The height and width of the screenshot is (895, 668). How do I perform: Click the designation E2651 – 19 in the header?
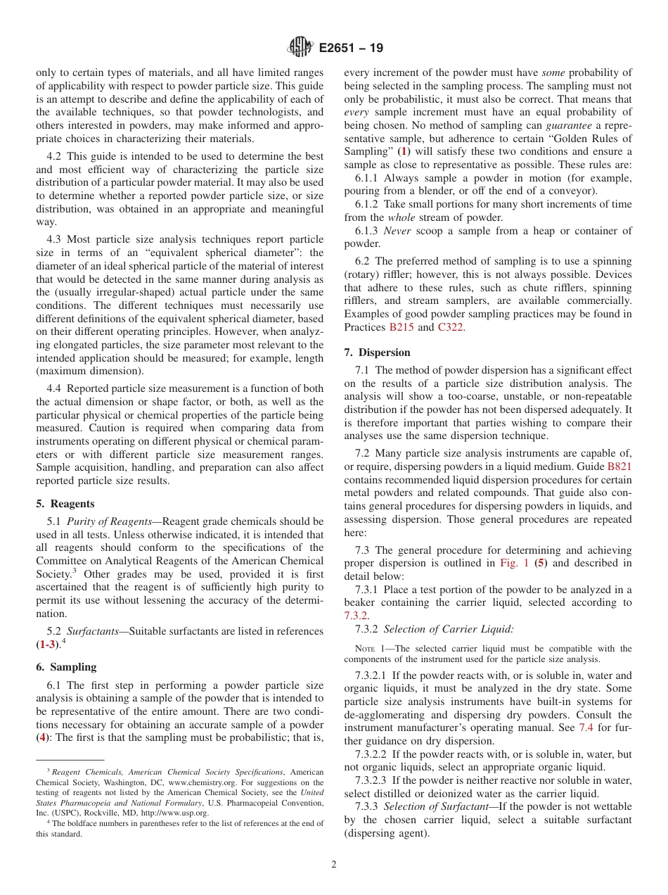tap(351, 49)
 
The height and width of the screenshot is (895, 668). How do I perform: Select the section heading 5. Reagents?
tap(65, 504)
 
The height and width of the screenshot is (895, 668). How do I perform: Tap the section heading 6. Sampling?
tap(66, 667)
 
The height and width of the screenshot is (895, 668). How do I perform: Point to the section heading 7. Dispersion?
tap(377, 353)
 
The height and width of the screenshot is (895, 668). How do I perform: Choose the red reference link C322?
tap(450, 327)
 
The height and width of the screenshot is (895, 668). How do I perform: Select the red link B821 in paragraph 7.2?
tap(619, 466)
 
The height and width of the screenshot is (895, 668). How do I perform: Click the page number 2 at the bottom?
tap(334, 865)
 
